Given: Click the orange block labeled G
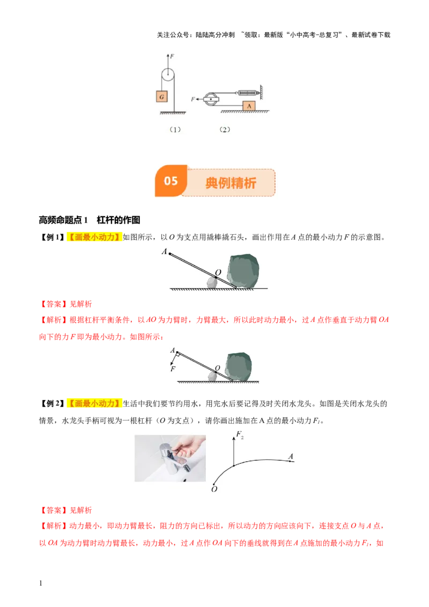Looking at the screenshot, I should [x=161, y=96].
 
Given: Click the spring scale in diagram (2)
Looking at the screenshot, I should [x=242, y=93].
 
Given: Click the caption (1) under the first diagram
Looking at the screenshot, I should [x=175, y=129].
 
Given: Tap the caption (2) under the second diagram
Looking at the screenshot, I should [x=225, y=129].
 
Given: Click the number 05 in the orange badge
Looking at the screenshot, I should [x=171, y=181].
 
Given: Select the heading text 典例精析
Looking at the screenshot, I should [x=231, y=183].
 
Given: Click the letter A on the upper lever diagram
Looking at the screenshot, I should [x=163, y=251].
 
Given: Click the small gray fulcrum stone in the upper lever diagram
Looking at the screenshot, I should [x=212, y=283].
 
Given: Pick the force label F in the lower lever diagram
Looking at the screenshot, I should [x=173, y=369].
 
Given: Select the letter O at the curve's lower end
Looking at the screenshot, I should [x=214, y=488].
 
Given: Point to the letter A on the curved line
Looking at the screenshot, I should [x=291, y=456].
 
